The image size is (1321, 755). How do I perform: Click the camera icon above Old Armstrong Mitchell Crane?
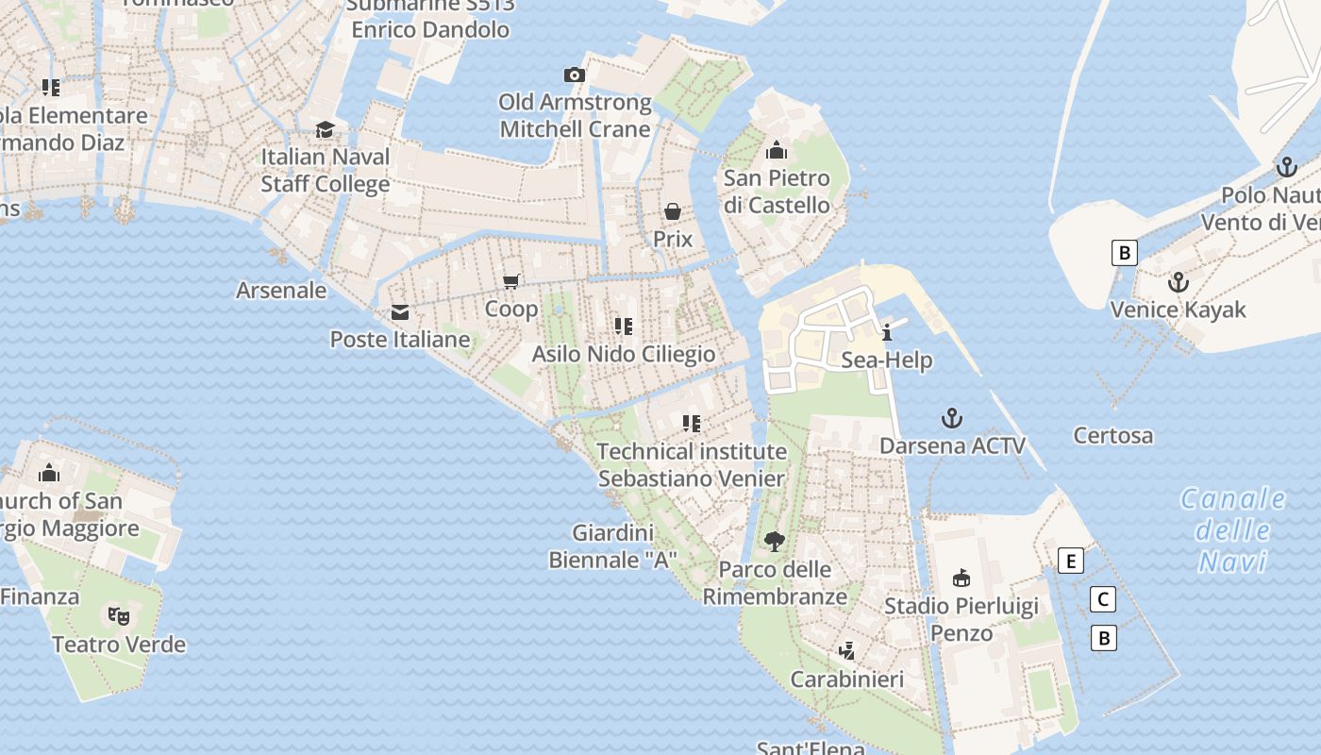click(574, 75)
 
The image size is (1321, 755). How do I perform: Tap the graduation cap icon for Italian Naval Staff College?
click(325, 130)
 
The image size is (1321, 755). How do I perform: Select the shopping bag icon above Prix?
click(673, 211)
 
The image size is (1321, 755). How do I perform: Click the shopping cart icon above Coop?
click(511, 281)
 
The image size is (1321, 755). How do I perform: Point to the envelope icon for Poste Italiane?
click(400, 312)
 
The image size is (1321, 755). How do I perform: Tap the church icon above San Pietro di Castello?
click(777, 150)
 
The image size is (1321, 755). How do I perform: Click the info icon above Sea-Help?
click(886, 332)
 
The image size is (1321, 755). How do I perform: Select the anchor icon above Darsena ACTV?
click(952, 418)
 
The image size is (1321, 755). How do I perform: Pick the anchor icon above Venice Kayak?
click(1178, 282)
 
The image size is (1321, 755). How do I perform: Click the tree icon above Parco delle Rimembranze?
click(775, 542)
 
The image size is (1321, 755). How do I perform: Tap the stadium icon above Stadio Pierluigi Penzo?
click(961, 578)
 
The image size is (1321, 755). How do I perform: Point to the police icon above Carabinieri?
click(846, 651)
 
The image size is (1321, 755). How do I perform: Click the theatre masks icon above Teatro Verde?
click(119, 616)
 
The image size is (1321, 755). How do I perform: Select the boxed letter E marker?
click(1070, 562)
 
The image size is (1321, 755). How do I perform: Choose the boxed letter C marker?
click(1102, 599)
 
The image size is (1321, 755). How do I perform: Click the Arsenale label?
click(281, 291)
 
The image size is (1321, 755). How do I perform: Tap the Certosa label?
click(1113, 436)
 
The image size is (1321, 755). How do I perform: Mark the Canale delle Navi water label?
click(1232, 530)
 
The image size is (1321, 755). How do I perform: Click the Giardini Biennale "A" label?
click(613, 546)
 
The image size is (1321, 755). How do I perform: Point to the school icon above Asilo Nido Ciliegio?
click(624, 327)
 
